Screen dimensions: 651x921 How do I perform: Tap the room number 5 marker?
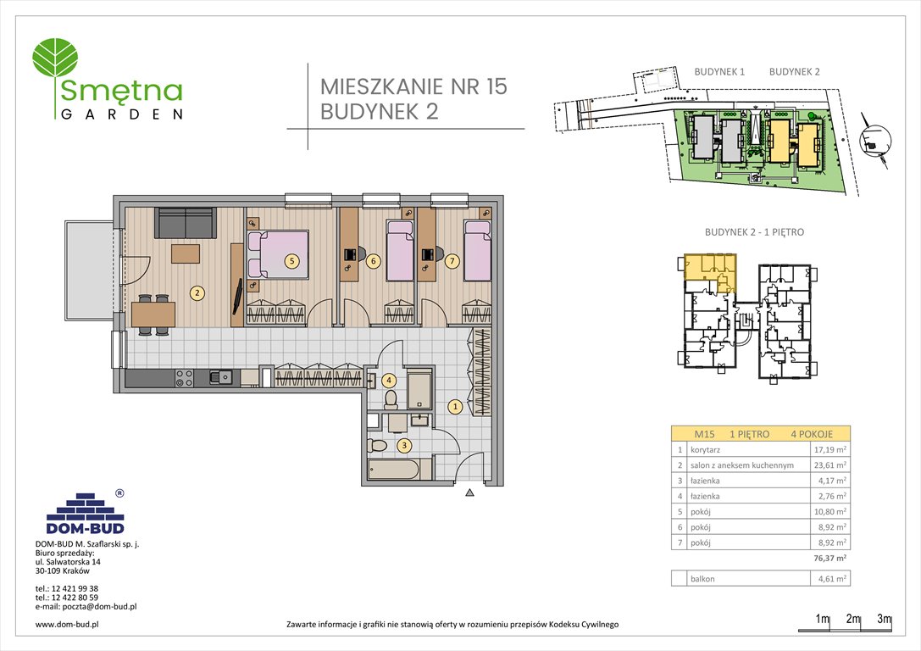tap(291, 261)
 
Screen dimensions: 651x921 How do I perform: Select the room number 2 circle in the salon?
tap(197, 293)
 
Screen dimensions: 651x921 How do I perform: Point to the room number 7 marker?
tap(452, 261)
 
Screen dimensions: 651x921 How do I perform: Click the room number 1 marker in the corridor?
tap(455, 406)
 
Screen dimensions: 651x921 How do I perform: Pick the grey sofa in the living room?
tap(185, 222)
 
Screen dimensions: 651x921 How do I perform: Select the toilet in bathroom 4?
tap(391, 398)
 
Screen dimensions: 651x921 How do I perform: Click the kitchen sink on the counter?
tap(222, 377)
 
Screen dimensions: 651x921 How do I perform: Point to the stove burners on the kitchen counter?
tap(184, 378)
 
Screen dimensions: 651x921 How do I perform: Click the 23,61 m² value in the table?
tap(830, 465)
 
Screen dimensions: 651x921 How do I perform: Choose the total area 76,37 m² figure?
tap(829, 558)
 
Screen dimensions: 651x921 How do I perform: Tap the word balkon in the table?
tap(703, 579)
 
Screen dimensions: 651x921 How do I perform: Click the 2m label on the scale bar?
tap(852, 618)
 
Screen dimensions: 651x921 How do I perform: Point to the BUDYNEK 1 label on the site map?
tap(718, 72)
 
